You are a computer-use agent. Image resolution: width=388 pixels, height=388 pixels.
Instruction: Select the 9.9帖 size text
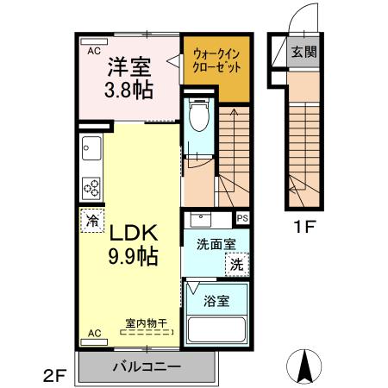click(131, 256)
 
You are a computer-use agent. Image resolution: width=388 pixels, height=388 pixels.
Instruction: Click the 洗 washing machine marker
click(236, 266)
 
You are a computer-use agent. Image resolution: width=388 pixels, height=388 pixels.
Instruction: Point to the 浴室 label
click(216, 302)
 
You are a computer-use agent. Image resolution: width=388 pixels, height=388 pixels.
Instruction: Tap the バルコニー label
click(147, 367)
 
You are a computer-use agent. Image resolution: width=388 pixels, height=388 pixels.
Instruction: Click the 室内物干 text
click(144, 322)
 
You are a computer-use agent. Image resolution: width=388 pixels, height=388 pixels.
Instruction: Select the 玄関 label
click(303, 52)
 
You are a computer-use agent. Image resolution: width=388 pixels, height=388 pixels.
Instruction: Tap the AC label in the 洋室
click(93, 51)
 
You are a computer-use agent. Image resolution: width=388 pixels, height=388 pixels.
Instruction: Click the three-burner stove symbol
click(91, 186)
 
